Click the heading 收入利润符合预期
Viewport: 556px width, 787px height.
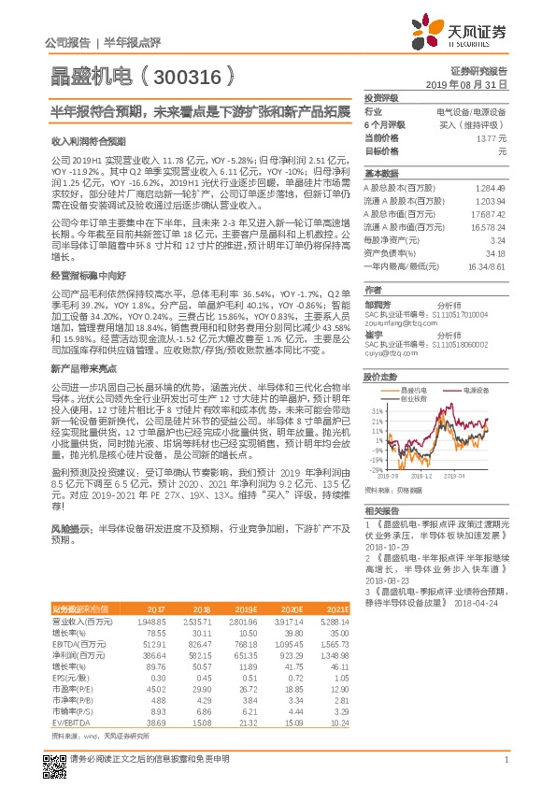point(87,141)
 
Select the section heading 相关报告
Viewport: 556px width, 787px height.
point(380,511)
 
